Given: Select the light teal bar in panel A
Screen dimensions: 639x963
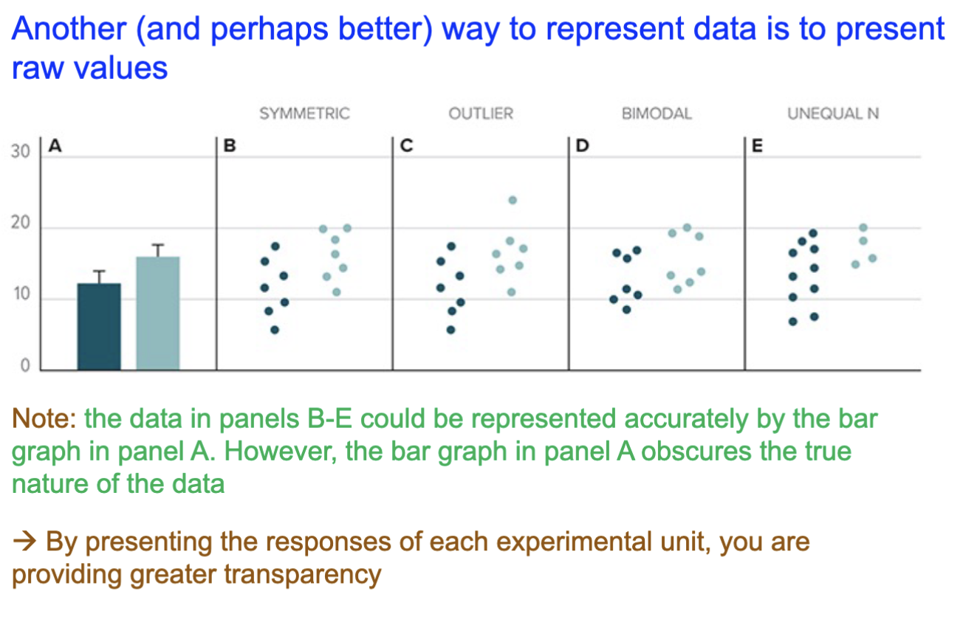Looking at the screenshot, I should tap(158, 313).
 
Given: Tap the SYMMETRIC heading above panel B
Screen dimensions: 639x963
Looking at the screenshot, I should tap(304, 114).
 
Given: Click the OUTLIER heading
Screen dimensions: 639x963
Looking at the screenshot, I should tap(481, 114).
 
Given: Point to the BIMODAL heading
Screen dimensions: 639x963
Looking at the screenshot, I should tap(657, 114).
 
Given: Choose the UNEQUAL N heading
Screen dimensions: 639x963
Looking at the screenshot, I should tap(833, 114).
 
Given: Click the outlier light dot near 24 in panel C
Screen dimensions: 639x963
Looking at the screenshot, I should tap(513, 200).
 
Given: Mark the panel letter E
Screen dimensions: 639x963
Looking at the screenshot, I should tap(755, 146).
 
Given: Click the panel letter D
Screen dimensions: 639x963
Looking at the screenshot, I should tap(580, 146).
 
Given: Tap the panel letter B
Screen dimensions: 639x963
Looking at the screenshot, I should tap(228, 146).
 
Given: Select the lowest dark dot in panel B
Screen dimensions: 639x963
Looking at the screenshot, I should tap(275, 330).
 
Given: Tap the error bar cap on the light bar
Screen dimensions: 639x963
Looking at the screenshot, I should tap(158, 245).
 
